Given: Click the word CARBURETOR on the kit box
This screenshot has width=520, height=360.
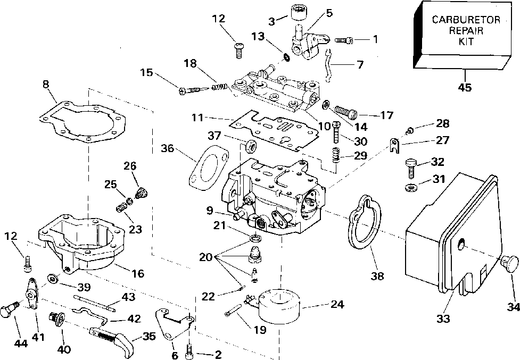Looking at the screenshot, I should (466, 20).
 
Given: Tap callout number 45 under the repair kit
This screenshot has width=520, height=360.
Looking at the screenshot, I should (465, 88).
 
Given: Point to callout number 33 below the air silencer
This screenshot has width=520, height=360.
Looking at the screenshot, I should (443, 319).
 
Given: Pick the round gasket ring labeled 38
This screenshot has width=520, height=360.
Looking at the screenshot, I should (365, 224).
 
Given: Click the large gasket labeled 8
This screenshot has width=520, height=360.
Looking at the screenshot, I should (85, 123).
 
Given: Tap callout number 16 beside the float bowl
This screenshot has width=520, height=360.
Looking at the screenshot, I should (138, 273).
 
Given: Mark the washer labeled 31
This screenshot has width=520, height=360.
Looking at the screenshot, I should (410, 187).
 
